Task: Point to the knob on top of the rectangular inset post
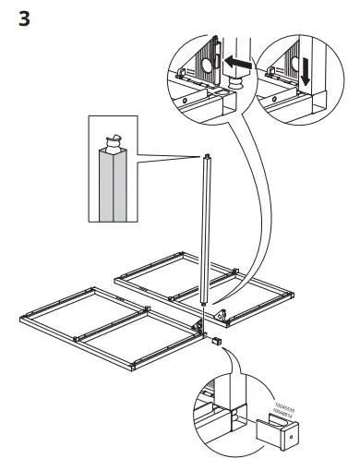pyautogui.click(x=114, y=142)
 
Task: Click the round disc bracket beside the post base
pyautogui.click(x=222, y=315)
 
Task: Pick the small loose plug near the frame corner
pyautogui.click(x=216, y=341)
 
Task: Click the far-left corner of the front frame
pyautogui.click(x=22, y=320)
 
